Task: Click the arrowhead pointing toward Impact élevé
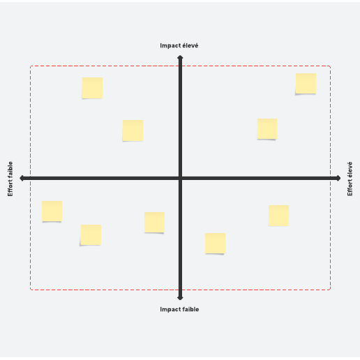(x=180, y=57)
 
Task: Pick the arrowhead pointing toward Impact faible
(x=180, y=298)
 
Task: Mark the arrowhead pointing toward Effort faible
(x=22, y=179)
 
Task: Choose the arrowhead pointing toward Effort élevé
(x=338, y=179)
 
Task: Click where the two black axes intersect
(x=180, y=179)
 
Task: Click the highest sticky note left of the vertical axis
(x=92, y=88)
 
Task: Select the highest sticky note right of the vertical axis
(x=306, y=84)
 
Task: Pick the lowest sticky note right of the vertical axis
(x=215, y=243)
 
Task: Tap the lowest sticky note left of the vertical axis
(x=91, y=235)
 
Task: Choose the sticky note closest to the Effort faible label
(x=52, y=211)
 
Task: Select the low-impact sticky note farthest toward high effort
(x=278, y=216)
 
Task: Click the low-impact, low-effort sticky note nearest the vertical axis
(x=154, y=223)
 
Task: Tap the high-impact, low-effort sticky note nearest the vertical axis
(x=133, y=130)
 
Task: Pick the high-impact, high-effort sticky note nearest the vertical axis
(x=267, y=129)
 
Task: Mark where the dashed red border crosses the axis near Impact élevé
(x=180, y=66)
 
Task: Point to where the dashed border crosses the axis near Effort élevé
(x=330, y=179)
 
